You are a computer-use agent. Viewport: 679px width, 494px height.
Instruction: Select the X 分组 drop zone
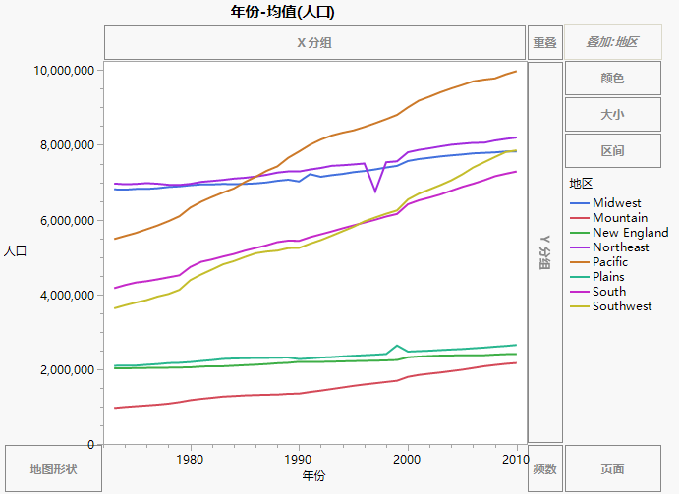pyautogui.click(x=314, y=42)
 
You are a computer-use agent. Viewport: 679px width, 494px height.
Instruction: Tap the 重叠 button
pyautogui.click(x=544, y=42)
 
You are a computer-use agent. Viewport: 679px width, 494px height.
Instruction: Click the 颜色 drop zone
pyautogui.click(x=612, y=79)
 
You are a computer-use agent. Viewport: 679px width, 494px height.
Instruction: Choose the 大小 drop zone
pyautogui.click(x=612, y=115)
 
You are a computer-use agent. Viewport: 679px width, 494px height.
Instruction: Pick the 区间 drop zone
pyautogui.click(x=612, y=151)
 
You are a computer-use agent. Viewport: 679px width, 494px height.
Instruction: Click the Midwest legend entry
pyautogui.click(x=616, y=203)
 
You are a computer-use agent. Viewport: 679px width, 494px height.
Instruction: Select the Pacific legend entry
pyautogui.click(x=610, y=262)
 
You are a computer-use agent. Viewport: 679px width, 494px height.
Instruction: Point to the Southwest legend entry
pyautogui.click(x=621, y=306)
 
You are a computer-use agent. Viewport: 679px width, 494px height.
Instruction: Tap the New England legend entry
pyautogui.click(x=630, y=233)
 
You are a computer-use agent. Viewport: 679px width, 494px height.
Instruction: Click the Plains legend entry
pyautogui.click(x=609, y=277)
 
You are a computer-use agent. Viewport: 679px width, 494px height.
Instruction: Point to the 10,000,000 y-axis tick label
pyautogui.click(x=63, y=71)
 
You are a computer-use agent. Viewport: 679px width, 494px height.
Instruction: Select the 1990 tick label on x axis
pyautogui.click(x=299, y=459)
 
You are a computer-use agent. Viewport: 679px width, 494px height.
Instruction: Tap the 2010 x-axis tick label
pyautogui.click(x=516, y=459)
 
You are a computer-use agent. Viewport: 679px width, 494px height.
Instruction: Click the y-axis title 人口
pyautogui.click(x=14, y=251)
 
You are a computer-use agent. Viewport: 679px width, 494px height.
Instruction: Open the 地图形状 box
pyautogui.click(x=53, y=469)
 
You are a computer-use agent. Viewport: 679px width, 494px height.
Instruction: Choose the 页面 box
pyautogui.click(x=612, y=469)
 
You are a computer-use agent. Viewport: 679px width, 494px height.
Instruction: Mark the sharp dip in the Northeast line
pyautogui.click(x=374, y=192)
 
